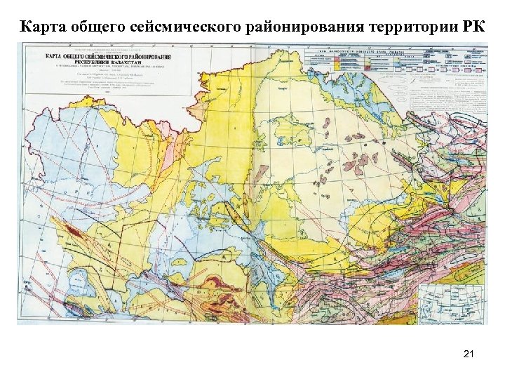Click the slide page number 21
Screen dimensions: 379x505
coord(469,356)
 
